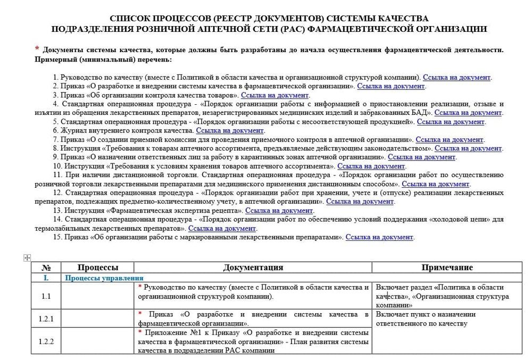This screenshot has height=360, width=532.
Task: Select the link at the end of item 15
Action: click(379, 237)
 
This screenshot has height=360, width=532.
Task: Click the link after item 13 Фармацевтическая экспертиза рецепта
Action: click(279, 211)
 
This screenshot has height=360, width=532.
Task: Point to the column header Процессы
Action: click(98, 268)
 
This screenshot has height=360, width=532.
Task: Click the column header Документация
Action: click(253, 268)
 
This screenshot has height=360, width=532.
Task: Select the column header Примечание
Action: click(447, 268)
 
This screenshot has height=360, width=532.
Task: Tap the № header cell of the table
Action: click(46, 268)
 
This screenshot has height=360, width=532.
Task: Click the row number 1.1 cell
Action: click(46, 296)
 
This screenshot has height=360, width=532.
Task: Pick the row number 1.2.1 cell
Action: click(46, 319)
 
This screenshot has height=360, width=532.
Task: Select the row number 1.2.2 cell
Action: click(46, 341)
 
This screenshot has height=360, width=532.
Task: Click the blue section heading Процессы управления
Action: click(104, 278)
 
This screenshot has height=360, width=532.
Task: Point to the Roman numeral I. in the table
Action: click(46, 278)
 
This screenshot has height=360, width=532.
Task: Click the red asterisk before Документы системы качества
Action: click(37, 49)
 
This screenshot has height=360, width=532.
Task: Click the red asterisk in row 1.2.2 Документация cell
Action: click(139, 332)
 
